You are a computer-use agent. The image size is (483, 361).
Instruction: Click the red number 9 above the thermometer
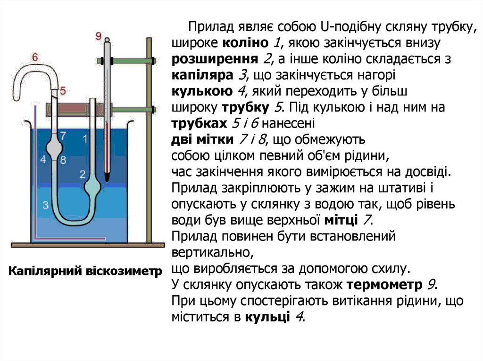click(99, 36)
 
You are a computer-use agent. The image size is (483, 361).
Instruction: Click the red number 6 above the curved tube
click(35, 57)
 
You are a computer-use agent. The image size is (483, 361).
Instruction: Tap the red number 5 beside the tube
click(63, 90)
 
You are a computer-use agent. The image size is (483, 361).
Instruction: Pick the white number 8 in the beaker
click(63, 160)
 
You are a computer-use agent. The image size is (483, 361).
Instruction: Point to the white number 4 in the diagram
click(43, 160)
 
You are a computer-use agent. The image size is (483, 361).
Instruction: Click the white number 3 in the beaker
click(45, 205)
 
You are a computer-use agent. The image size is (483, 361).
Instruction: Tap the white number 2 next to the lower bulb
click(82, 174)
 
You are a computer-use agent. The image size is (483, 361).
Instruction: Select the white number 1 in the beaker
click(85, 139)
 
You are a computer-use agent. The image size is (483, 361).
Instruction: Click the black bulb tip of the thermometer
click(108, 178)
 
